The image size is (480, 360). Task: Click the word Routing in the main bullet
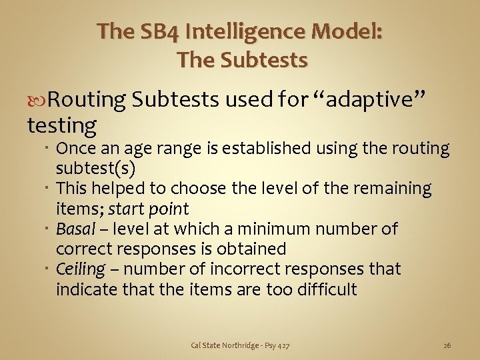coord(87,100)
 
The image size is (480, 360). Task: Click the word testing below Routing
coord(61,124)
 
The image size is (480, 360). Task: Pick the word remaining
coord(394,189)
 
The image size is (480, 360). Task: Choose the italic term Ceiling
coord(81,269)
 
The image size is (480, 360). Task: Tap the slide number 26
coord(447,345)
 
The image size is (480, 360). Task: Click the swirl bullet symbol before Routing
coord(37,101)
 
